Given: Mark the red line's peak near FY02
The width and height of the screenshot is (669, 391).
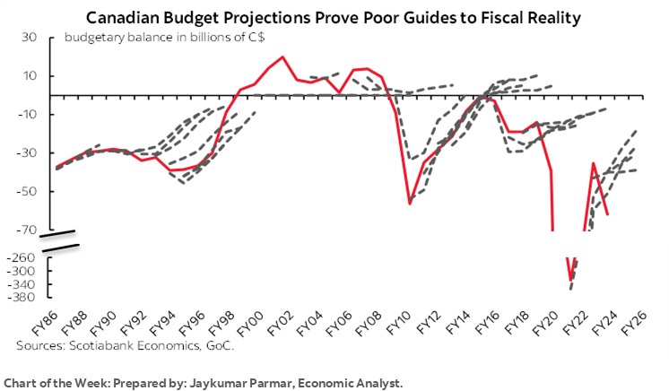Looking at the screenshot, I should pyautogui.click(x=283, y=57).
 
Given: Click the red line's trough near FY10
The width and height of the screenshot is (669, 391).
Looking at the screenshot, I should pyautogui.click(x=410, y=204).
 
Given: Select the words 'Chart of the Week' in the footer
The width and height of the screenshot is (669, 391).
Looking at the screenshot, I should pyautogui.click(x=50, y=383).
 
